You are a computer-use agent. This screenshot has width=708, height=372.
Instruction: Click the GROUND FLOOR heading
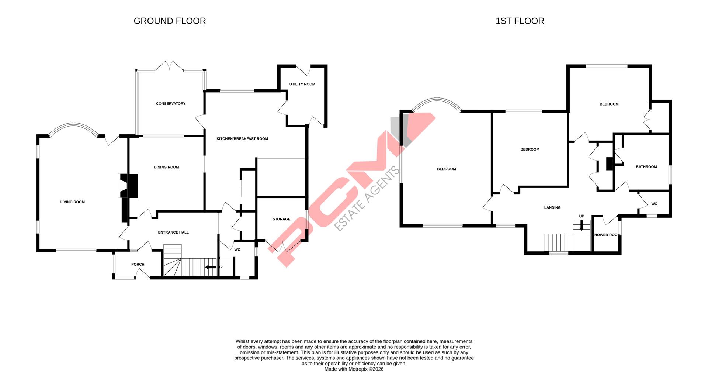click(170, 21)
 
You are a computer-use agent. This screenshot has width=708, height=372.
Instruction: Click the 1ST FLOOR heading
click(520, 21)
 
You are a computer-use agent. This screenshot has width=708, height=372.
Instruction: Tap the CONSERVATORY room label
click(170, 104)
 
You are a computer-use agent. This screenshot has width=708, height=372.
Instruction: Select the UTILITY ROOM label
click(302, 84)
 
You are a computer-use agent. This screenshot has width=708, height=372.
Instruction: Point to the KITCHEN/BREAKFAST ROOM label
click(242, 139)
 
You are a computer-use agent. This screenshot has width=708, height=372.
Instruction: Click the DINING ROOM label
click(166, 167)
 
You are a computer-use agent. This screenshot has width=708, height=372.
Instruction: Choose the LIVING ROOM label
click(73, 202)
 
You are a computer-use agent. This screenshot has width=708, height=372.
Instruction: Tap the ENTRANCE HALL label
click(173, 232)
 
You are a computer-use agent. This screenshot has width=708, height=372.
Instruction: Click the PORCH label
click(138, 265)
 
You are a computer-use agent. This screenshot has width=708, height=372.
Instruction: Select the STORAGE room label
click(281, 219)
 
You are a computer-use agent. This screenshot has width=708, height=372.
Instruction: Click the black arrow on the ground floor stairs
click(211, 267)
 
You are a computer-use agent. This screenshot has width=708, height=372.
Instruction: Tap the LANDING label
click(552, 208)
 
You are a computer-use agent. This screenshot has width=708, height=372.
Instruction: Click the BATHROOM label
click(646, 167)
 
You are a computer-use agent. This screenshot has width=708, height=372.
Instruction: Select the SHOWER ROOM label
click(606, 235)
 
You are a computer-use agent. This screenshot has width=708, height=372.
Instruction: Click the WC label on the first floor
click(654, 204)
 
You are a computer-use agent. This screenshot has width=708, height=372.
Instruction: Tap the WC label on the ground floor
click(237, 250)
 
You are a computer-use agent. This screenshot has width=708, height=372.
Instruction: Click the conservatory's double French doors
click(169, 66)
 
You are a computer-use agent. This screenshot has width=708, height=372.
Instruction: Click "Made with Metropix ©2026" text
click(354, 369)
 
